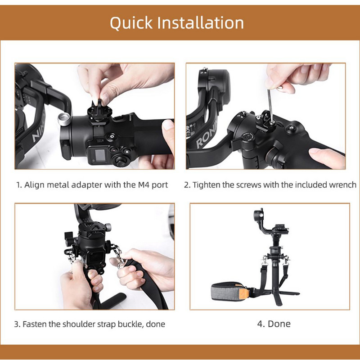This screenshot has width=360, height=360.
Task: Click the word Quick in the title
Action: click(131, 23)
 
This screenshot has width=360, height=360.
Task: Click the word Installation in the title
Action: click(200, 22)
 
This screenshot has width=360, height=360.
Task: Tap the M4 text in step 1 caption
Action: click(144, 185)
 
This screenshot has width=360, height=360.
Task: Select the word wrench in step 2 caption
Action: click(342, 185)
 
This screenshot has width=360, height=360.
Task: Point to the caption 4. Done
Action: click(274, 324)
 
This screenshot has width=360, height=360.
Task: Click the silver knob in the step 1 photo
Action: click(64, 119)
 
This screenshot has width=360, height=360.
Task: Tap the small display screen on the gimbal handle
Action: click(100, 155)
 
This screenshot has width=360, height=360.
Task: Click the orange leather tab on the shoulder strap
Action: click(244, 292)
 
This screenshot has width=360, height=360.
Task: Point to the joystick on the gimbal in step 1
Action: click(121, 160)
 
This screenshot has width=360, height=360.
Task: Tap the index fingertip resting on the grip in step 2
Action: click(316, 152)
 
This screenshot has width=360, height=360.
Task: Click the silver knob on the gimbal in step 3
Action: click(108, 227)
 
